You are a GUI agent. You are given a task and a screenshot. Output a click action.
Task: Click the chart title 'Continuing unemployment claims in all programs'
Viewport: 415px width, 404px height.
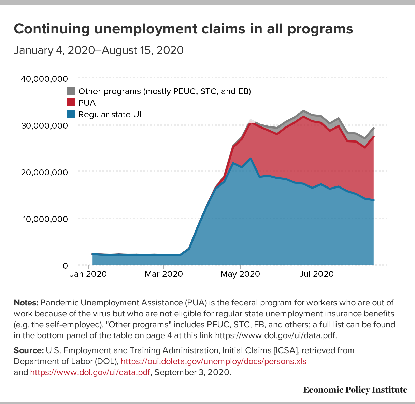pos(183,29)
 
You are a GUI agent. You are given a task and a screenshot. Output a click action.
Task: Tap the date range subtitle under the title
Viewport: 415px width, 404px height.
pos(99,50)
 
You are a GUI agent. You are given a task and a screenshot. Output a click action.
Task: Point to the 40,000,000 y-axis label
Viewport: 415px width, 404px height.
pos(44,79)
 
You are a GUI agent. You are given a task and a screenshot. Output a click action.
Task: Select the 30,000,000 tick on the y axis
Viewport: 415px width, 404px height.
pos(44,125)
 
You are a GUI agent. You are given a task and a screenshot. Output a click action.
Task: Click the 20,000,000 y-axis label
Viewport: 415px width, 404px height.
pos(44,172)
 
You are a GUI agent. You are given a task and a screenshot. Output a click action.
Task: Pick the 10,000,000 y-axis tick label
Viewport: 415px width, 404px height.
pos(44,219)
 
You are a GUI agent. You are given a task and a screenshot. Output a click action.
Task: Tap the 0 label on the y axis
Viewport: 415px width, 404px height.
pos(65,266)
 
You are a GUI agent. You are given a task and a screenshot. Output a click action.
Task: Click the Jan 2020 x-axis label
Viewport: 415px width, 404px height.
pos(89,274)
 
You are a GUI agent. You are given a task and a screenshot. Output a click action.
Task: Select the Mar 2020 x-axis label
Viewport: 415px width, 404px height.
pos(163,274)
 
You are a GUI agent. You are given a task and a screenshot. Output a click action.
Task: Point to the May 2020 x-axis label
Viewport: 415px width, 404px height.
pos(241,274)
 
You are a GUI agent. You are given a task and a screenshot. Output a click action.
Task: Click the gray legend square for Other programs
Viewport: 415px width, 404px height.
pos(71,91)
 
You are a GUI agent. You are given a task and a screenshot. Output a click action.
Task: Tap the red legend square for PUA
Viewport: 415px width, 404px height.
pos(71,102)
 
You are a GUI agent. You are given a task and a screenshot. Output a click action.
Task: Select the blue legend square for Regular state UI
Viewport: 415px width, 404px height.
pos(71,114)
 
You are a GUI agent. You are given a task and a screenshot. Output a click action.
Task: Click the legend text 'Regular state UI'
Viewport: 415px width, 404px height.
pos(110,115)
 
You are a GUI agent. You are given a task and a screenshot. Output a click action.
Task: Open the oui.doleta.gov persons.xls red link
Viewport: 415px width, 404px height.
pos(214,361)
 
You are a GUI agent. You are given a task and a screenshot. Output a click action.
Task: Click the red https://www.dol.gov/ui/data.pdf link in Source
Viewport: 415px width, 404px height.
pos(90,372)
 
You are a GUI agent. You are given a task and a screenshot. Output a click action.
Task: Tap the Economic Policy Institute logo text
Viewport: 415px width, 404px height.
pos(355,390)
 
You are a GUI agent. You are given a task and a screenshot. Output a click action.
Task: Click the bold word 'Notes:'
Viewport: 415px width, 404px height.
pos(26,303)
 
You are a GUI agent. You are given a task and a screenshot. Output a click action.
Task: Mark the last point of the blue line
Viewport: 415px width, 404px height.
pos(374,200)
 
